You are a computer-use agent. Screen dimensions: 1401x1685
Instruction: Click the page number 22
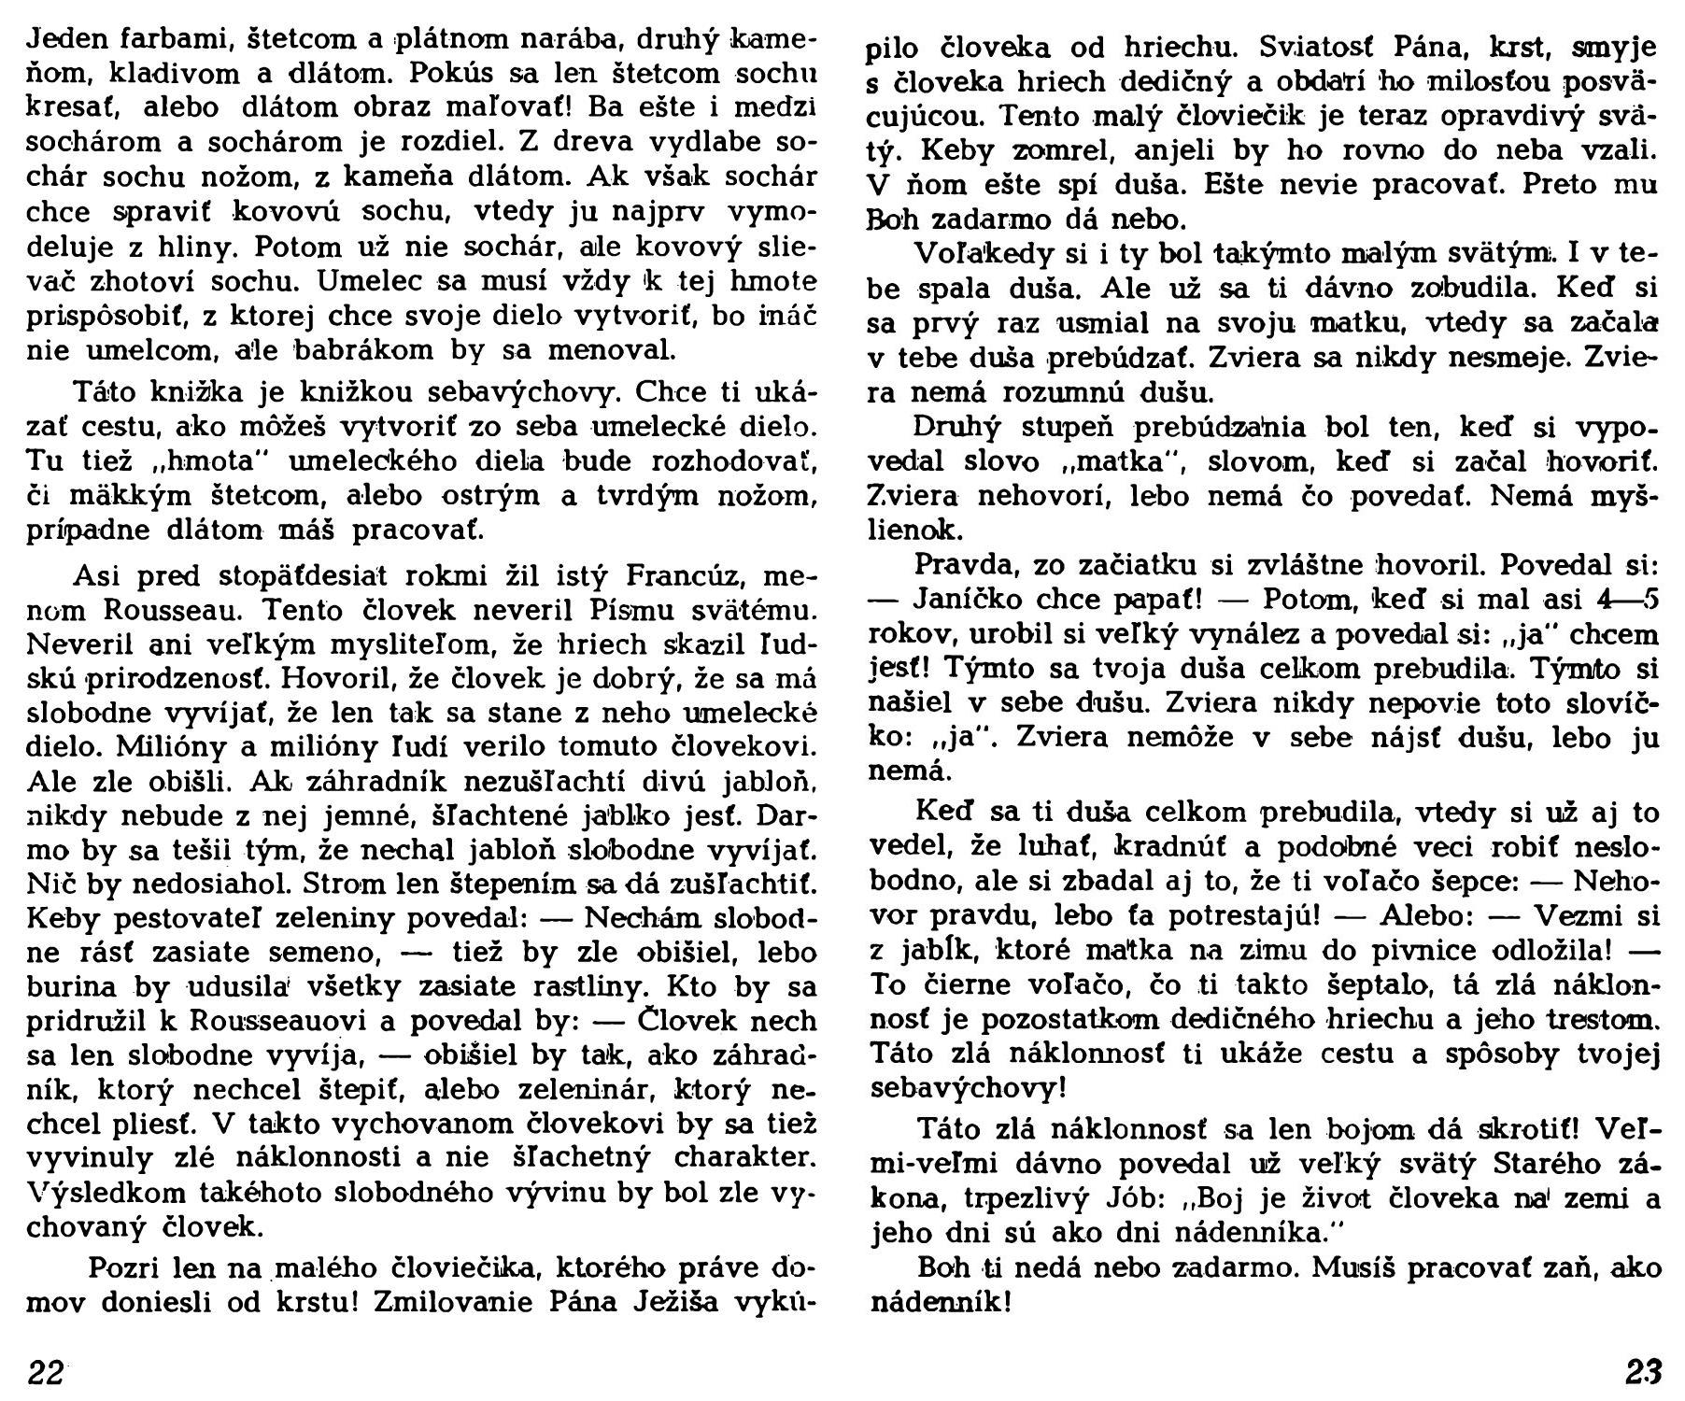pyautogui.click(x=46, y=1372)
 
